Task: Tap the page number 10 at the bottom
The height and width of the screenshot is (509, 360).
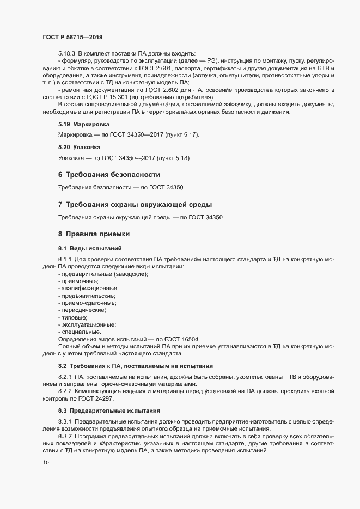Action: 46,463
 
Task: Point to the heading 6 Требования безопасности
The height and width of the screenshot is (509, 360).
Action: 109,175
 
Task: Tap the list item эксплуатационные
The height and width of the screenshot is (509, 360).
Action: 89,324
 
